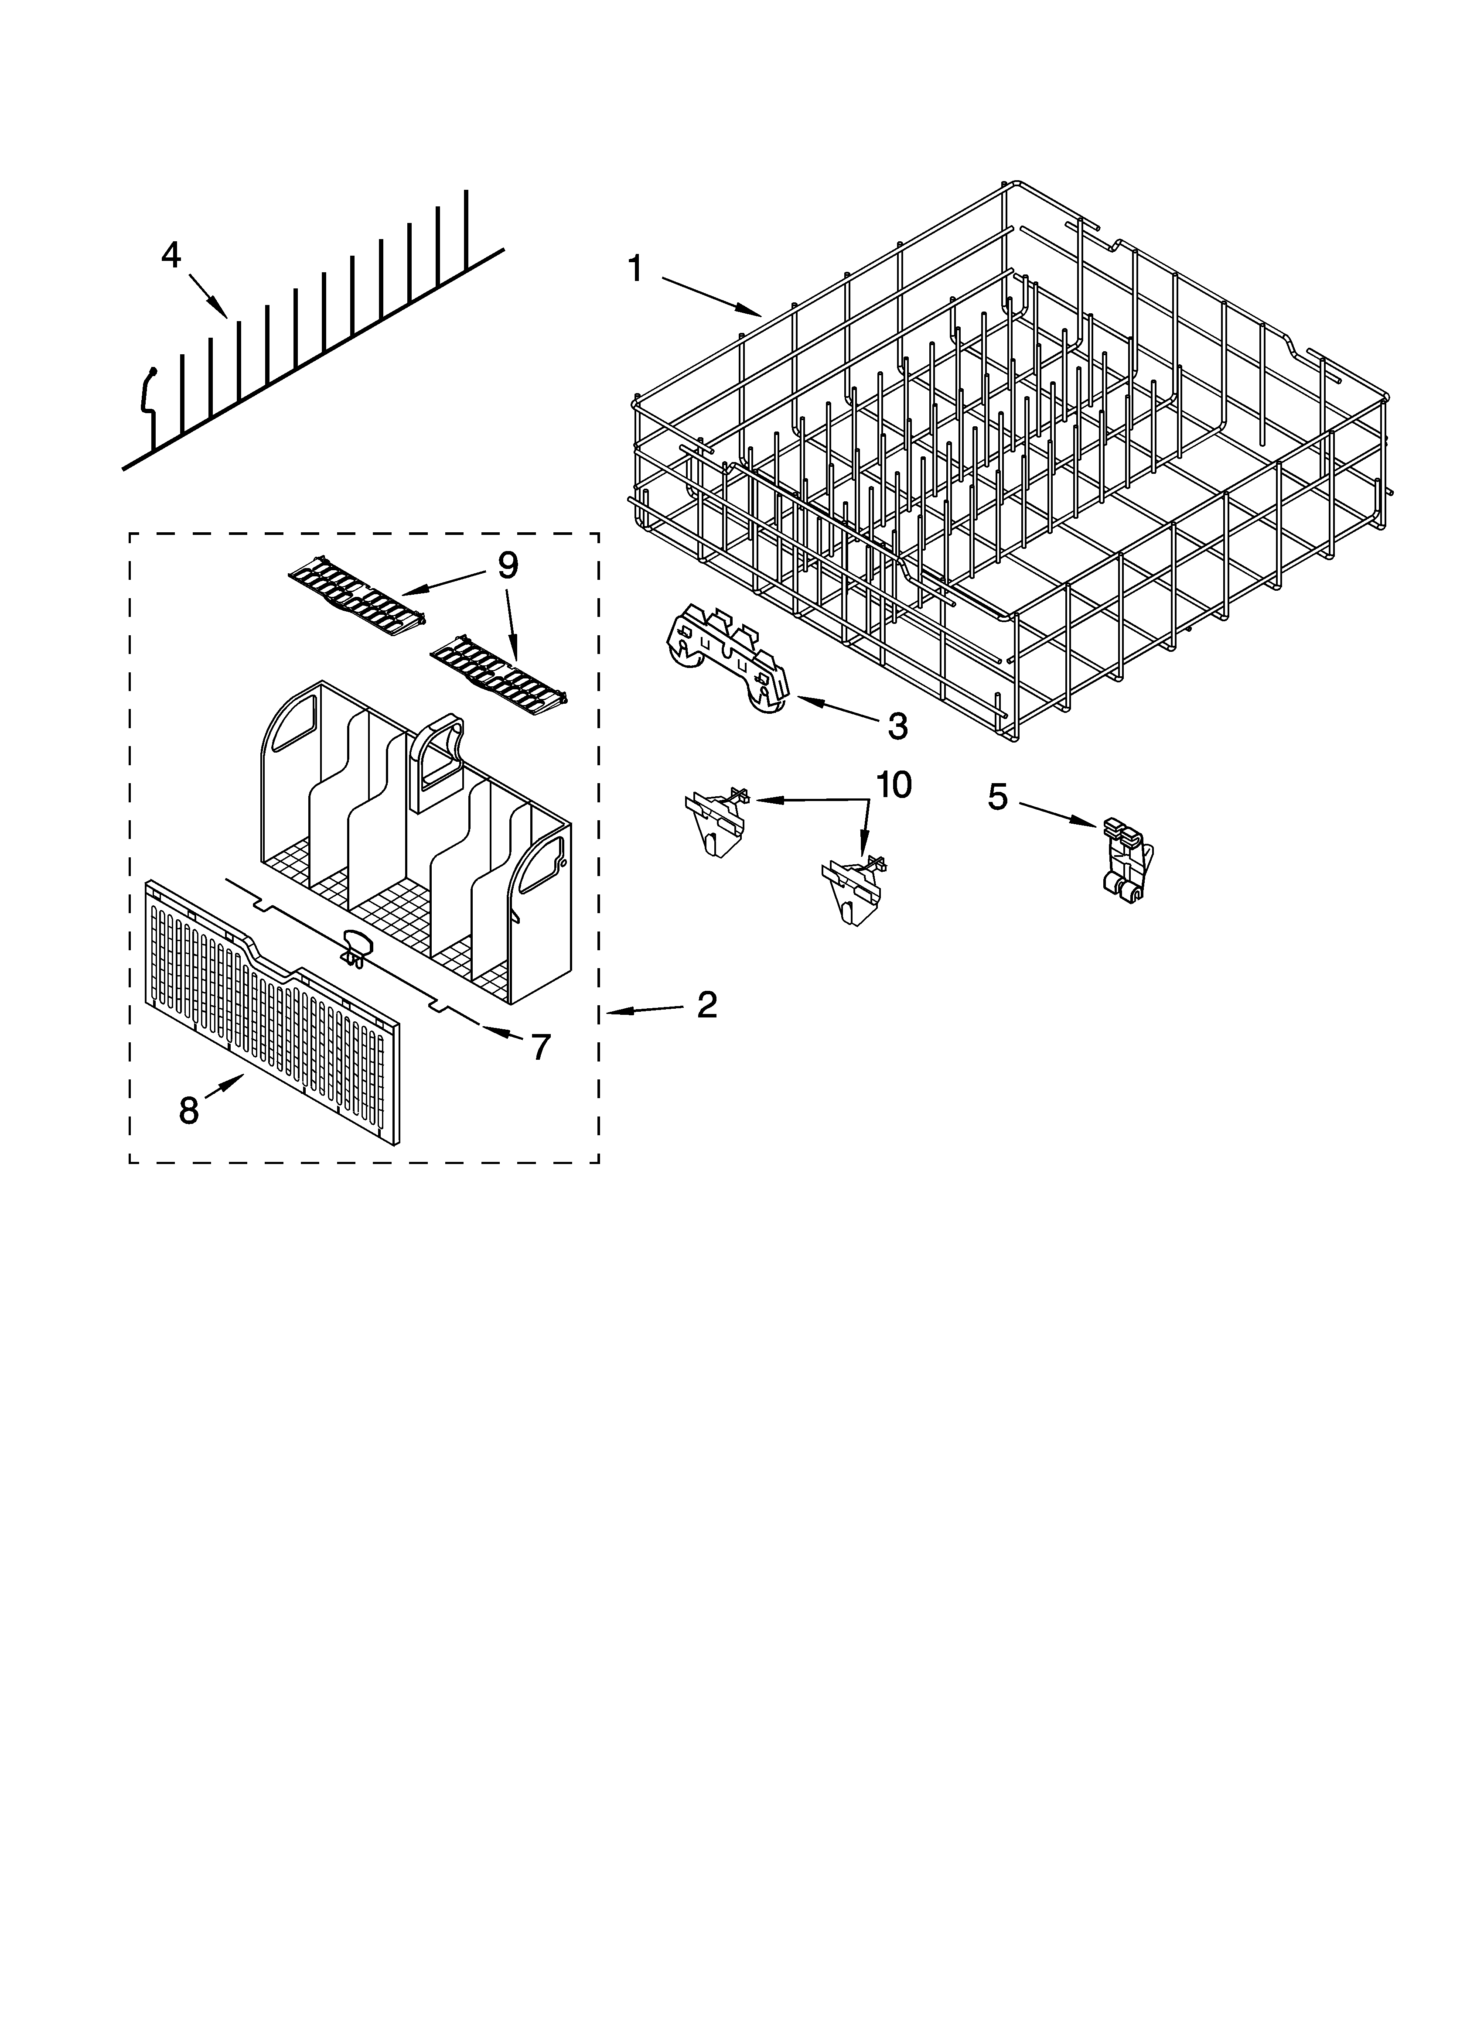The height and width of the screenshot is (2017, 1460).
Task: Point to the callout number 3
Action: (898, 726)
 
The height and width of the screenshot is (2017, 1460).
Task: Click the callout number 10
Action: (894, 784)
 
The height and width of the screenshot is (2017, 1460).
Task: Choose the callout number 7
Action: (541, 1047)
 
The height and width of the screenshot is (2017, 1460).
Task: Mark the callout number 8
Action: (188, 1110)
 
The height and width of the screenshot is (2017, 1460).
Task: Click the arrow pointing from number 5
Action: (1058, 815)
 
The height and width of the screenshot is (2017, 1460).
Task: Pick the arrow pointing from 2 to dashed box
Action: (645, 1010)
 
